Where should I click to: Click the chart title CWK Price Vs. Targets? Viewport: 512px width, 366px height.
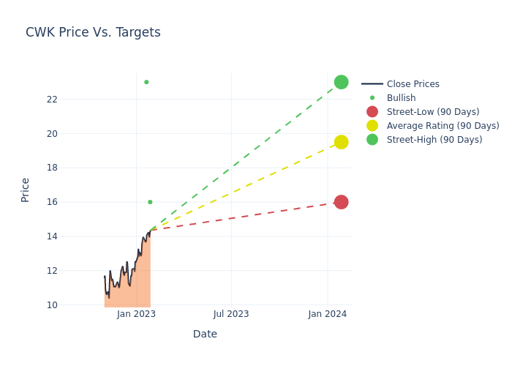pos(93,33)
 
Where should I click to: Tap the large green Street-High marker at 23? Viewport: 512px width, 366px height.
pos(341,82)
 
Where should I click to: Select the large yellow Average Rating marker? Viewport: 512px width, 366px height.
pos(341,142)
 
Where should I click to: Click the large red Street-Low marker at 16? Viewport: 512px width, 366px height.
pos(341,202)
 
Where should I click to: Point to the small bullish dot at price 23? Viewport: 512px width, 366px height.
pos(146,82)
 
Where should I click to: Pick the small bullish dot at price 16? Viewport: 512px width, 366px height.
pos(150,202)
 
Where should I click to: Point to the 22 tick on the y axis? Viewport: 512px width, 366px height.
pos(52,100)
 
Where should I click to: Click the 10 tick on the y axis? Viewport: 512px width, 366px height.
pos(52,305)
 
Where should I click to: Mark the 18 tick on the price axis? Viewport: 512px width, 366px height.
pos(52,168)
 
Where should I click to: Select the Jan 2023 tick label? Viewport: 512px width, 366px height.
pos(136,315)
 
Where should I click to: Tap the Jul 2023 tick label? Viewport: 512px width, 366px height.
pos(231,315)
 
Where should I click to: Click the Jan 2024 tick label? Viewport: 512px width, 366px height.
pos(328,315)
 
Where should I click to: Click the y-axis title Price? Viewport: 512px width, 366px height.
pos(26,190)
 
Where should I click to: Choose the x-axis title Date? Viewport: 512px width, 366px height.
pos(205,335)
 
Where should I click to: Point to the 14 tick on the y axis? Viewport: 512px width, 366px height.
pos(52,236)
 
